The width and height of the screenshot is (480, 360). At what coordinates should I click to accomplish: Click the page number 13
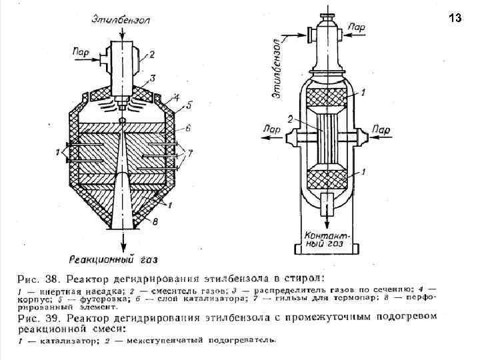(x=455, y=18)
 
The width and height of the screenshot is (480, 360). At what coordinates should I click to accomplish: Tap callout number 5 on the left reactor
(x=188, y=105)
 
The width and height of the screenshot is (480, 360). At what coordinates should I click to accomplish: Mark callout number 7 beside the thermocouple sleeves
(x=189, y=153)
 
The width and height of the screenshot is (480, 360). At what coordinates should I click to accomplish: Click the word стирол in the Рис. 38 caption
(x=305, y=277)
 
